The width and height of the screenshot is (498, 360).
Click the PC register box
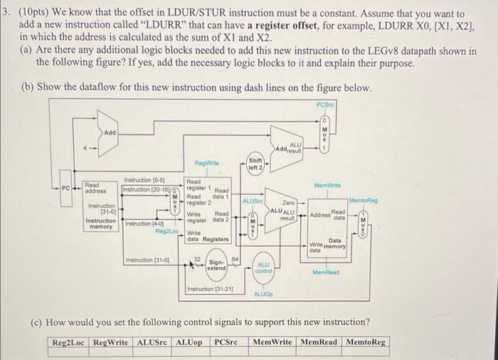click(65, 190)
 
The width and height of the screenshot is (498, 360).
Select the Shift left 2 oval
click(255, 163)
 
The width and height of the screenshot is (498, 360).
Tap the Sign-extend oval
click(216, 265)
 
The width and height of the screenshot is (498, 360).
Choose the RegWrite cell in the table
click(112, 342)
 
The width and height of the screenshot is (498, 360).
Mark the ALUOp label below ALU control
click(263, 293)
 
